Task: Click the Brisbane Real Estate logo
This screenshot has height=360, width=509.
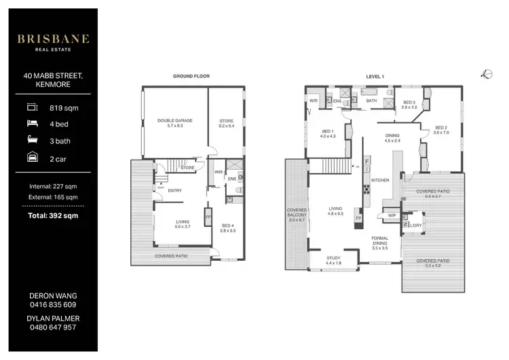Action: point(53,41)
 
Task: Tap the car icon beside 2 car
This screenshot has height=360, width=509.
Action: point(32,158)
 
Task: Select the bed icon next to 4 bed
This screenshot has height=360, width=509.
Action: point(32,124)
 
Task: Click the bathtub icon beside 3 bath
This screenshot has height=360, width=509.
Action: point(32,141)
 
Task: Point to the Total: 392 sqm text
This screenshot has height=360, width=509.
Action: point(53,215)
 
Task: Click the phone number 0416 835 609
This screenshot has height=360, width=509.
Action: point(53,306)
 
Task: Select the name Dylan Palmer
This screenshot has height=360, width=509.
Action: point(53,317)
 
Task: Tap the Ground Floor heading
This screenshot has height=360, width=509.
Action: point(191,77)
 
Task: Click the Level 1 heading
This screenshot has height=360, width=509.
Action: point(375,77)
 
